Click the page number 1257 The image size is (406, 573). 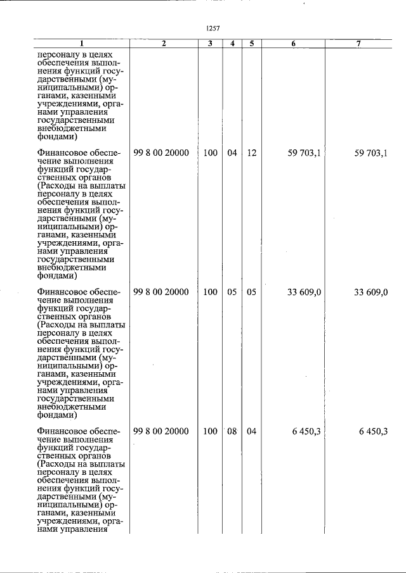213,27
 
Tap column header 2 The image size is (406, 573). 164,43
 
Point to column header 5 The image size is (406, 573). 251,43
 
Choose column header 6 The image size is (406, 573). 293,43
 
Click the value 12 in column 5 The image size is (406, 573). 251,153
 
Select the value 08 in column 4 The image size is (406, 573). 232,432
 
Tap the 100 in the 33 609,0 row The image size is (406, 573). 210,293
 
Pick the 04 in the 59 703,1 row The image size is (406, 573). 232,153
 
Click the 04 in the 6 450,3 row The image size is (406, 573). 251,432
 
